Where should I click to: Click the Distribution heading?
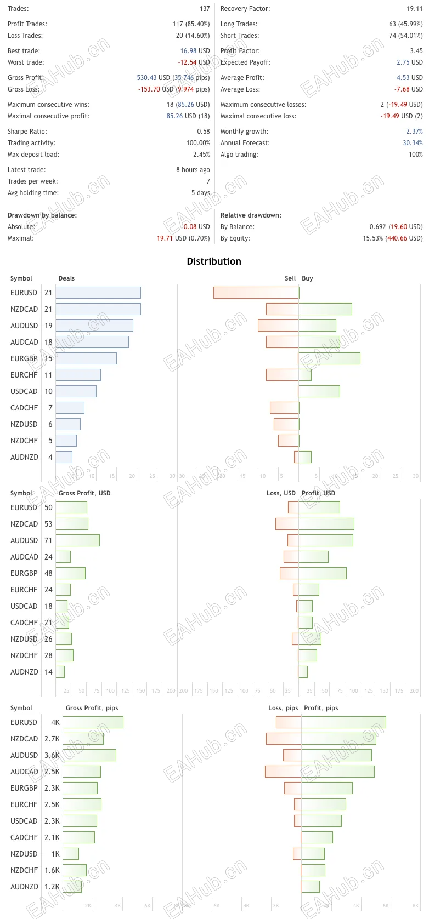(x=214, y=261)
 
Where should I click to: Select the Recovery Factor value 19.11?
(x=414, y=9)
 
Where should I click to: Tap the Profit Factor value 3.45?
(x=416, y=51)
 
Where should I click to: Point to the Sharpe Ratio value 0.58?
(x=203, y=132)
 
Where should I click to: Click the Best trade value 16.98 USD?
(x=195, y=51)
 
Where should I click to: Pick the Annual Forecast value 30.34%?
(x=413, y=143)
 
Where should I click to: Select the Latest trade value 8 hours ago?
(x=193, y=170)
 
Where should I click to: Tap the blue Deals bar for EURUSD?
(x=98, y=293)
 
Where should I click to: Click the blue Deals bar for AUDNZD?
(x=64, y=457)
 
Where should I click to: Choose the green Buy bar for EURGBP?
(x=329, y=358)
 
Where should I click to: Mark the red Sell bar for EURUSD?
(x=256, y=293)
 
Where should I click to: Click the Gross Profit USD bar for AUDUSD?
(x=77, y=540)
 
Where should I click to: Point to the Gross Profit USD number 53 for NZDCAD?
(x=48, y=524)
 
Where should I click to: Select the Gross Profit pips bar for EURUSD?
(x=93, y=722)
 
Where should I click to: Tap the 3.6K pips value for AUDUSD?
(x=52, y=755)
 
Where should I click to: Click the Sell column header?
(x=290, y=278)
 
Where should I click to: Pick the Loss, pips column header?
(x=283, y=708)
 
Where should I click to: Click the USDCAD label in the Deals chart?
(x=24, y=391)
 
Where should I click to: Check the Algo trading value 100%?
(x=415, y=155)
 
